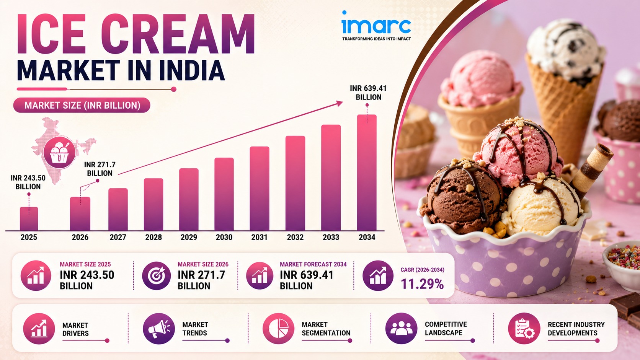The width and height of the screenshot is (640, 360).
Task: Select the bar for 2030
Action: pyautogui.click(x=224, y=194)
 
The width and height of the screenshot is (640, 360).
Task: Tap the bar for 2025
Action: pyautogui.click(x=29, y=219)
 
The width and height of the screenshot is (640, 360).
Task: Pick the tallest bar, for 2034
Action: pyautogui.click(x=367, y=173)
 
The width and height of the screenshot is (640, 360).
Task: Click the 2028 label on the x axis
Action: pyautogui.click(x=153, y=237)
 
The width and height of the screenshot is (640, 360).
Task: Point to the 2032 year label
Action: pyautogui.click(x=295, y=237)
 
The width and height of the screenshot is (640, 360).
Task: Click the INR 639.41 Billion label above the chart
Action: pyautogui.click(x=368, y=93)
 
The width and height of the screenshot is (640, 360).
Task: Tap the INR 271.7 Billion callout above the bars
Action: pyautogui.click(x=100, y=169)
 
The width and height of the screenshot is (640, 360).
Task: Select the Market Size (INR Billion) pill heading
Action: pyautogui.click(x=82, y=105)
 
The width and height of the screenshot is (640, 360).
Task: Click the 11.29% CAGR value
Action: pyautogui.click(x=422, y=284)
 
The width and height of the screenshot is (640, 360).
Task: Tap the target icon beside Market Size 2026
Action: pyautogui.click(x=156, y=276)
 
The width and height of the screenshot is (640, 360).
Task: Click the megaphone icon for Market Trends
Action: pyautogui.click(x=158, y=329)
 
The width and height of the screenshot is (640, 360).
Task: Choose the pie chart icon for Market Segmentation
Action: pyautogui.click(x=278, y=329)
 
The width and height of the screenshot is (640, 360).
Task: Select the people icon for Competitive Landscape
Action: pyautogui.click(x=401, y=329)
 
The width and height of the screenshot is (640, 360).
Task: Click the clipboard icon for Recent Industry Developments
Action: pyautogui.click(x=524, y=329)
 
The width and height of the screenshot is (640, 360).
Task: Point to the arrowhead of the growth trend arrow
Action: pyautogui.click(x=340, y=103)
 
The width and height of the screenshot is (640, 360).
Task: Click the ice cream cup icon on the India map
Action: pyautogui.click(x=59, y=152)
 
